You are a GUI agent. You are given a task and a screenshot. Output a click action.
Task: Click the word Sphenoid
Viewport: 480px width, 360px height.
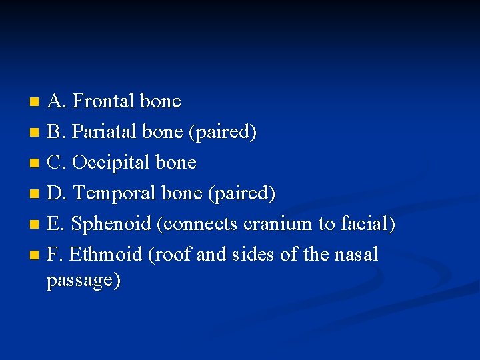tap(111, 224)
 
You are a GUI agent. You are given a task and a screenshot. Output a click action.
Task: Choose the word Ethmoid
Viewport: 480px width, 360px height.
tap(106, 255)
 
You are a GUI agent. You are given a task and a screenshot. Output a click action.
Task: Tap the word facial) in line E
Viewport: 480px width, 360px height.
tap(367, 224)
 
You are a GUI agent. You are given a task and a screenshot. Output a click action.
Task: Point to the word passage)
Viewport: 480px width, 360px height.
tap(83, 281)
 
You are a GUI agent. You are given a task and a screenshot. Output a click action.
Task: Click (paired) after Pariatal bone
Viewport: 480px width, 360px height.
tap(223, 132)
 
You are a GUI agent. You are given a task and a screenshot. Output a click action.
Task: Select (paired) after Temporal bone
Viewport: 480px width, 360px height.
tap(241, 193)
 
